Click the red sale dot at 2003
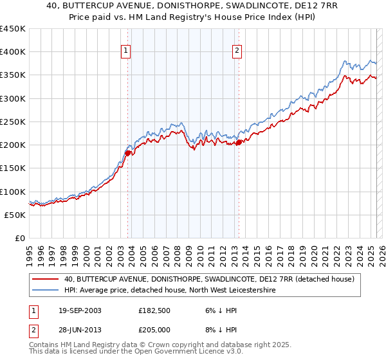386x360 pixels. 128,153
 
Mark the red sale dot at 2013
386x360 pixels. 239,143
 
